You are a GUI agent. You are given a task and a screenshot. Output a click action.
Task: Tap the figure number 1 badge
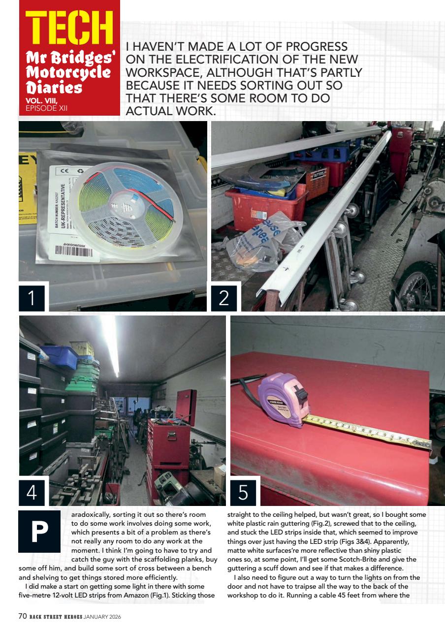tap(32, 298)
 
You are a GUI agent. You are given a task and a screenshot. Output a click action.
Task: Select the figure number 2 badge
tap(224, 298)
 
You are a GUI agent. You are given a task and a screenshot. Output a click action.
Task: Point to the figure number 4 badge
tap(32, 493)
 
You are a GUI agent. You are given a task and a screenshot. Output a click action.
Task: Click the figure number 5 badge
tap(243, 493)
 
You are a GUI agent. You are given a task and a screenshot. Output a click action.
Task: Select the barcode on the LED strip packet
tap(74, 251)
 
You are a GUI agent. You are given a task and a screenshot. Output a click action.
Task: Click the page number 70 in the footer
tap(23, 617)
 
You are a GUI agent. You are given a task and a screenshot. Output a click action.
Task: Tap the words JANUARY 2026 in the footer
tap(102, 617)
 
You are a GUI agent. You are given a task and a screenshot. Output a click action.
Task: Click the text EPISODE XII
tap(46, 108)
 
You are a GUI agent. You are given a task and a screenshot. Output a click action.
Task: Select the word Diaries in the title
tap(54, 87)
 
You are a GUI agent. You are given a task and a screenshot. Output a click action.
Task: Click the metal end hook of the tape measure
tap(428, 445)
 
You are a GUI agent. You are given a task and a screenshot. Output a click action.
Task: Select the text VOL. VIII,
tap(42, 101)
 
